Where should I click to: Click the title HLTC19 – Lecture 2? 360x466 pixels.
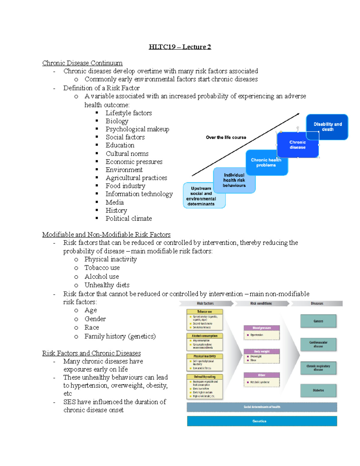pos(180,47)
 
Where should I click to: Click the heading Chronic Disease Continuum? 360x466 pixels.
pos(82,63)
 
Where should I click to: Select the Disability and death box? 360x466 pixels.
pos(328,127)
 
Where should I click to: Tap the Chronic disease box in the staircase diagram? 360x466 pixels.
pos(297,145)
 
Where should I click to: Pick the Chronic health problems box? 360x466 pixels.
pos(266,163)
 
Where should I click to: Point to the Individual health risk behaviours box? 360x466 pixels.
pos(234,180)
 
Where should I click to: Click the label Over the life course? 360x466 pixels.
pos(226,137)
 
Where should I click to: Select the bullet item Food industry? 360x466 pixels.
pos(125,186)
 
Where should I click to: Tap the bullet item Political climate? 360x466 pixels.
pos(128,218)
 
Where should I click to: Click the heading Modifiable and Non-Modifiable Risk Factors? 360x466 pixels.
pos(106,234)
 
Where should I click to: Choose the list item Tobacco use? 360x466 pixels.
pos(102,268)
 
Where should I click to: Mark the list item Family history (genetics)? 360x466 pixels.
pos(120,336)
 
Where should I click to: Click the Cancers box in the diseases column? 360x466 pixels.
pos(318,321)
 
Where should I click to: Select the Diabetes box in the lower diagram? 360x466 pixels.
pos(318,390)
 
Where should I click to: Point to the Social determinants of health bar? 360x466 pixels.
pos(262,407)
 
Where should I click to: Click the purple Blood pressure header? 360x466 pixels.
pos(262,328)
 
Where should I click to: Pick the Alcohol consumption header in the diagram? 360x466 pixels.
pos(205,336)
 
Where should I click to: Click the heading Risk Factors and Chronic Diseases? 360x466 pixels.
pos(91,353)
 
